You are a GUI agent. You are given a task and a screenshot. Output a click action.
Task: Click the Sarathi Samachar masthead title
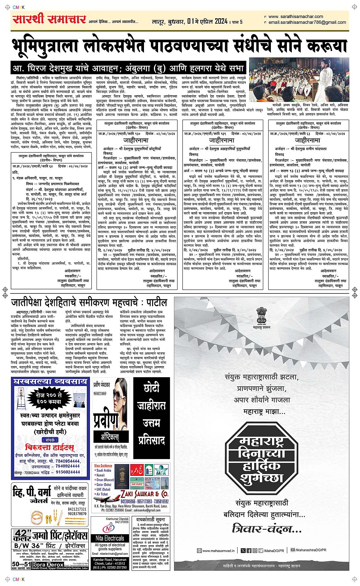click(50, 19)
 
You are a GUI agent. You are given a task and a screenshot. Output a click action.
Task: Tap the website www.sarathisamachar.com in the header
click(295, 16)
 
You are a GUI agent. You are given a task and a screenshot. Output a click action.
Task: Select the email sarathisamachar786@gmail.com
click(307, 22)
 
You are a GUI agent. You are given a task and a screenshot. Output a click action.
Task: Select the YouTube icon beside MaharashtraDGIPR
click(293, 550)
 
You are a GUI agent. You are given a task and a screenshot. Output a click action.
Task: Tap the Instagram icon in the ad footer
click(261, 550)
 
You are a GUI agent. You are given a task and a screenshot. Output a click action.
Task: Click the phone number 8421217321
click(77, 509)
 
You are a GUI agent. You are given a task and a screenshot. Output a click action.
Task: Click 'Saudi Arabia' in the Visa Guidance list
click(104, 471)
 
